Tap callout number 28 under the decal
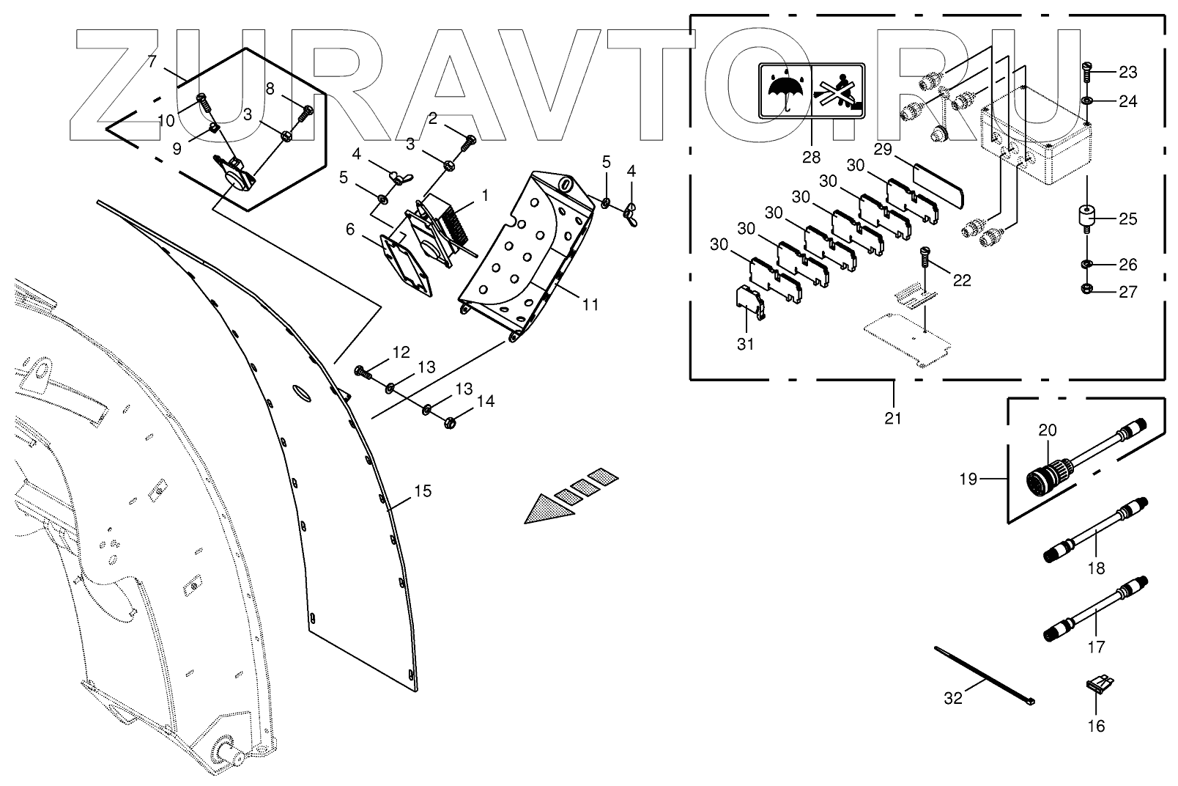811,156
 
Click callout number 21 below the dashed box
892,418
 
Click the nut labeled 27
1087,291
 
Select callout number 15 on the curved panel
423,491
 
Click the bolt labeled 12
363,372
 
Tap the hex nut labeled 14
451,422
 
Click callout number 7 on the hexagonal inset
152,62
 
